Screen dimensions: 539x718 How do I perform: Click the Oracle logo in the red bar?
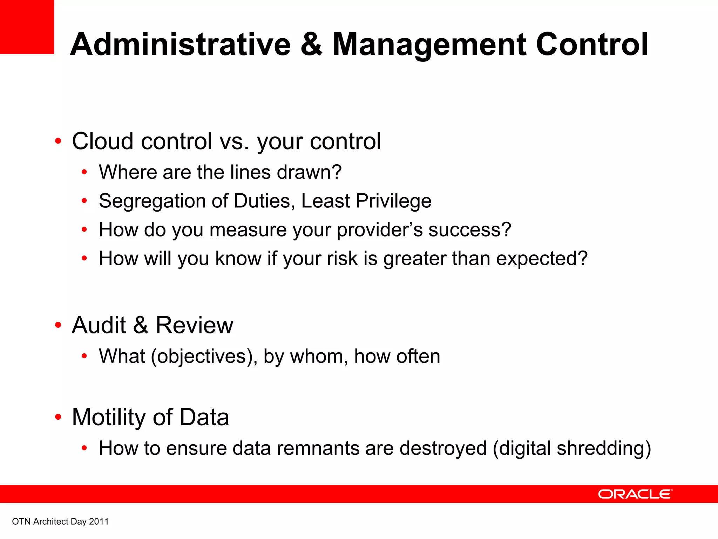[635, 494]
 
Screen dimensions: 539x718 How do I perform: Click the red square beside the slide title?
[27, 27]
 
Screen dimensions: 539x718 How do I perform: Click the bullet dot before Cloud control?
[58, 141]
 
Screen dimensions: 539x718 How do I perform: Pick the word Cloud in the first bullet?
[103, 141]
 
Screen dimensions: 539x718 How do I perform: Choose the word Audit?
[99, 325]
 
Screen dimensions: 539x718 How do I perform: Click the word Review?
[194, 325]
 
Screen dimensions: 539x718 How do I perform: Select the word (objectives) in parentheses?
[204, 357]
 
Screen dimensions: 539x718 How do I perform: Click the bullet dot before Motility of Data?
[58, 417]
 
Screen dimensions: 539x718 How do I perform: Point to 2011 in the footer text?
[99, 521]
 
